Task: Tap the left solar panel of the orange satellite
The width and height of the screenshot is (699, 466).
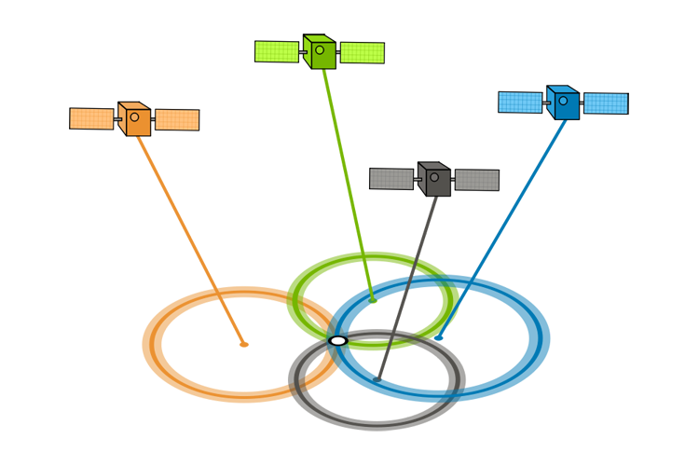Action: (x=92, y=118)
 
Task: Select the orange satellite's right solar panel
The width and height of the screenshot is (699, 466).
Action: (x=176, y=119)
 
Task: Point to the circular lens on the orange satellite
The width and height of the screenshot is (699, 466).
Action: (x=135, y=117)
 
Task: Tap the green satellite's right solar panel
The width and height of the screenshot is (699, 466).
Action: (x=362, y=52)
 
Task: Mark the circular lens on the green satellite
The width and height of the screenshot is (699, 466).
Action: (x=320, y=49)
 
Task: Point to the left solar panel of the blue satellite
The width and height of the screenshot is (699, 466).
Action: (x=521, y=102)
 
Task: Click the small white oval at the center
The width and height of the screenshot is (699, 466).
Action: (x=338, y=341)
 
